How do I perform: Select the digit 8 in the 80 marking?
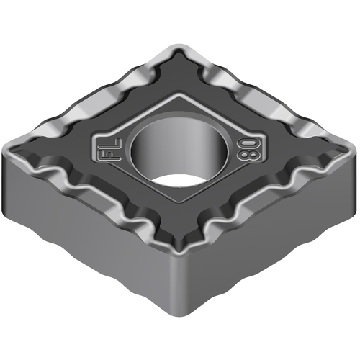point(245,156)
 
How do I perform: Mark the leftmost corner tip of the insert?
point(3,152)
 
